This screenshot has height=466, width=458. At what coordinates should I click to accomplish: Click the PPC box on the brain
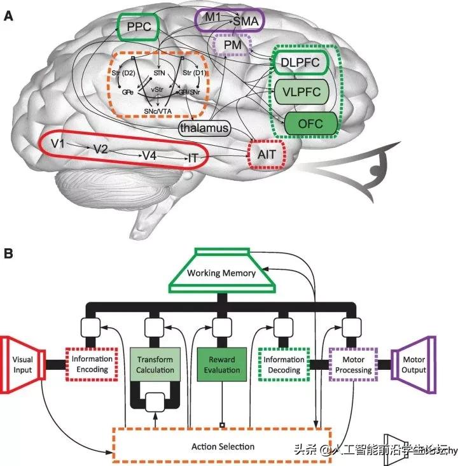click(138, 28)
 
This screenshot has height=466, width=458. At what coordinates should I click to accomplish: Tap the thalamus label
click(204, 128)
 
